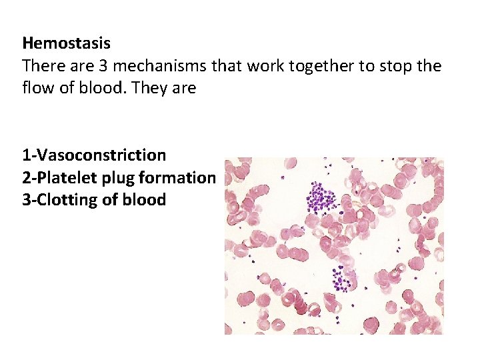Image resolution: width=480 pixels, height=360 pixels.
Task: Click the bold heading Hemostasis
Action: (x=66, y=44)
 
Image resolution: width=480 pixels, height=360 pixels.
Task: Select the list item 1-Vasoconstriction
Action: (x=94, y=155)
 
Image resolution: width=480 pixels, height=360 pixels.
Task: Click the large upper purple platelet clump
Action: (x=322, y=199)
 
